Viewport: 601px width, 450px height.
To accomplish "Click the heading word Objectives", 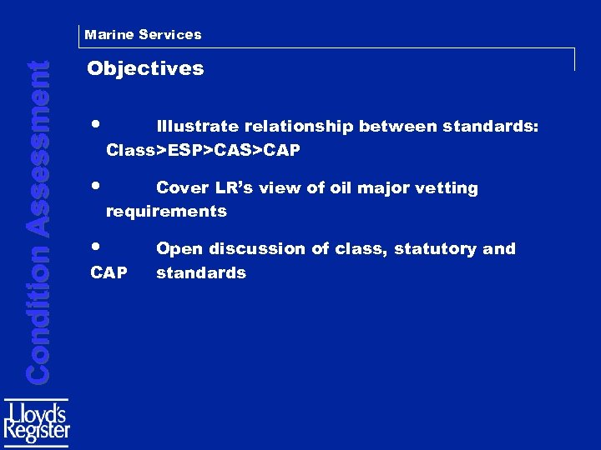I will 145,68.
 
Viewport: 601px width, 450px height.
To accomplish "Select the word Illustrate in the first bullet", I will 198,127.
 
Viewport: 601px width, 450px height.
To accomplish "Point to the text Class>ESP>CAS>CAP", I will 203,151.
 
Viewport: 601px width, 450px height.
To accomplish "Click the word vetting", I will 450,188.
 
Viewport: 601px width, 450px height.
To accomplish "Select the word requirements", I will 166,212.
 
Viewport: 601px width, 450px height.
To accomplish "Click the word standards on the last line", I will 201,272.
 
